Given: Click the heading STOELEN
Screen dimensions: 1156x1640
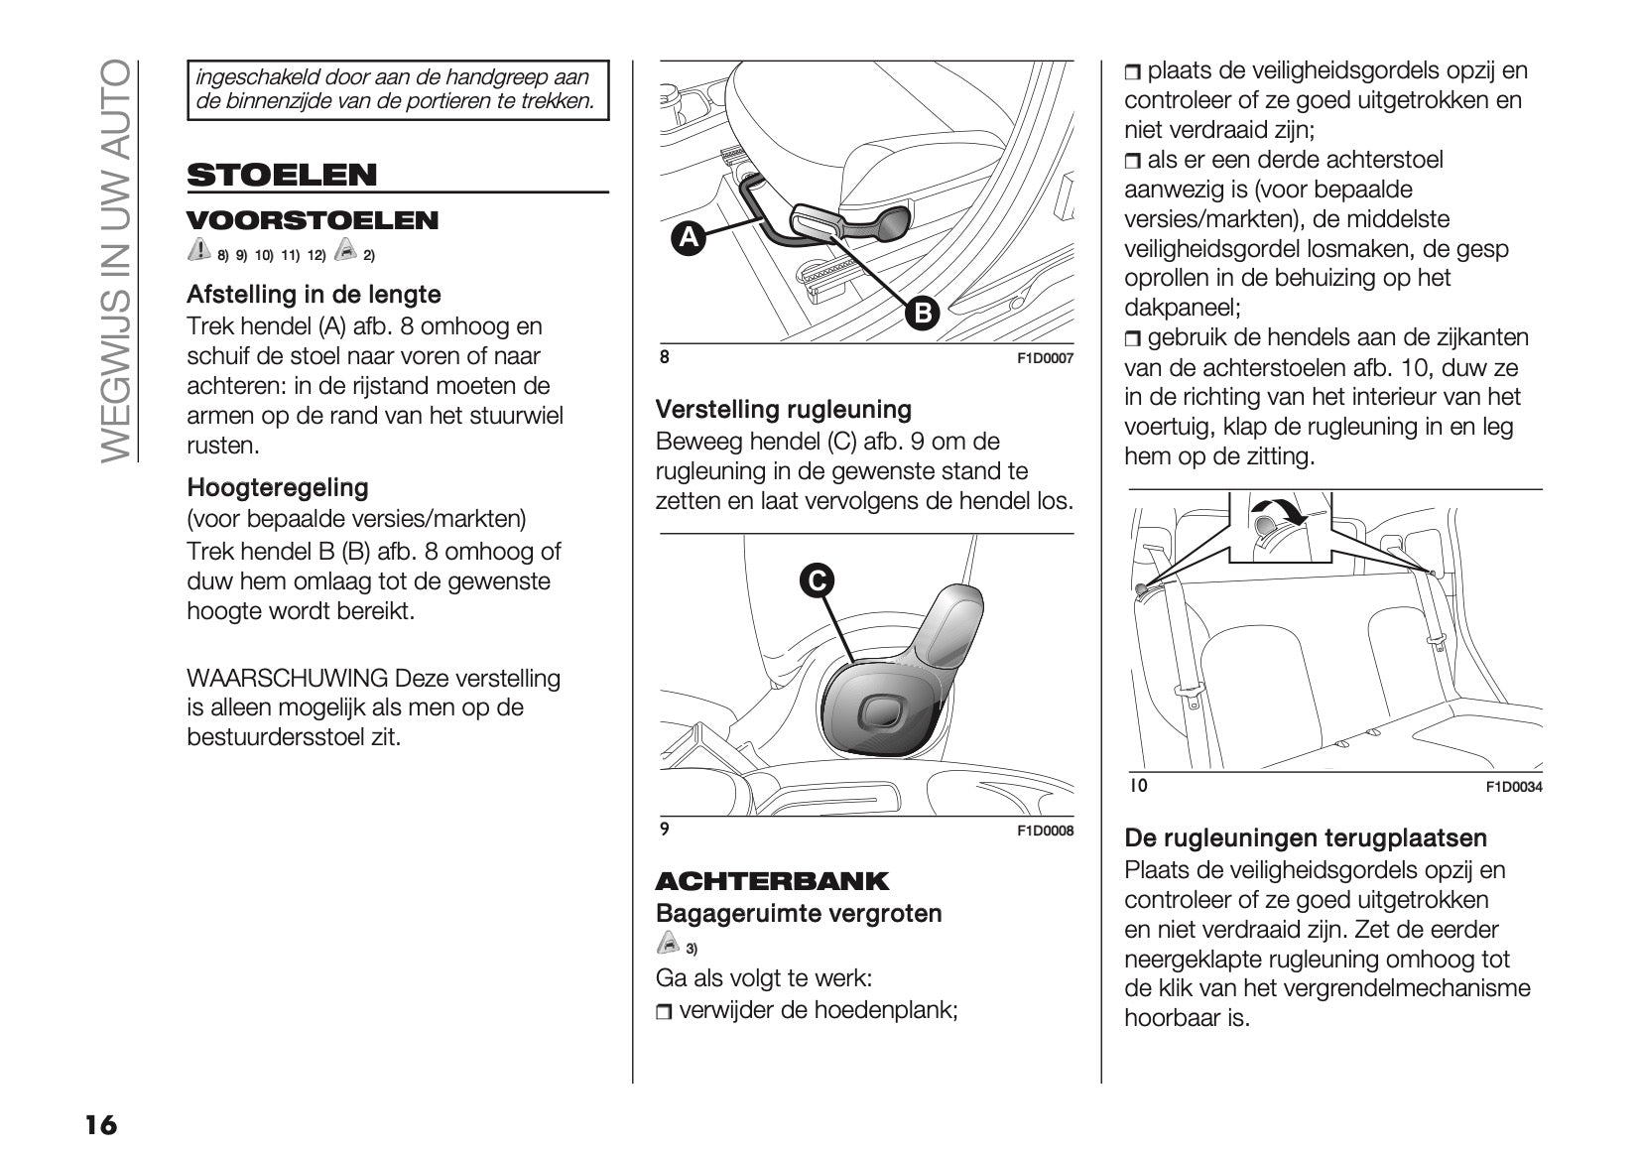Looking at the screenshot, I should (282, 175).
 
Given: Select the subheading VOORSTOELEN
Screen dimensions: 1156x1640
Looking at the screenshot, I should (313, 220).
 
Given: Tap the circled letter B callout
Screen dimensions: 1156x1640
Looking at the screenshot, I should (922, 314).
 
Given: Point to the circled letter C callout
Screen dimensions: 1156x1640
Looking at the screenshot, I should (817, 580).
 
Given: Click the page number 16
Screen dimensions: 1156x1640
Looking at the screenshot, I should (100, 1124).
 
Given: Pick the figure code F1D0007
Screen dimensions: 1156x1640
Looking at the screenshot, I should (1045, 359).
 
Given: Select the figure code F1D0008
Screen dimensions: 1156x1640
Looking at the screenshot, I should (1045, 831).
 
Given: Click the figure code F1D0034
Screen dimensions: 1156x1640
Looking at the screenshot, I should (1513, 787).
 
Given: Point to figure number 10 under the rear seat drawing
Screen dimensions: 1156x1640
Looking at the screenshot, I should (1139, 786).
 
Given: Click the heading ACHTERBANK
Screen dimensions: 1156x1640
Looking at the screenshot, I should (772, 881).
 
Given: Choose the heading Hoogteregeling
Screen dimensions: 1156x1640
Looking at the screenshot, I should (277, 487).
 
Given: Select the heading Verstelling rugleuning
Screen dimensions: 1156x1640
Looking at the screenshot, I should (783, 409).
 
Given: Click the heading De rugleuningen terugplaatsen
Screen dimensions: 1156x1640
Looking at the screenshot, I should (1306, 837).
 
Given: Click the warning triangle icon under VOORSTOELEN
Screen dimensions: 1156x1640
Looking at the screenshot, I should (198, 250).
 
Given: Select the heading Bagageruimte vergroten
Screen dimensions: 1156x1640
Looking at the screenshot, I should (799, 913).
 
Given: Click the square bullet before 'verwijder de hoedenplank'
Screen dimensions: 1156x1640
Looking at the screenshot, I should (664, 1012).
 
